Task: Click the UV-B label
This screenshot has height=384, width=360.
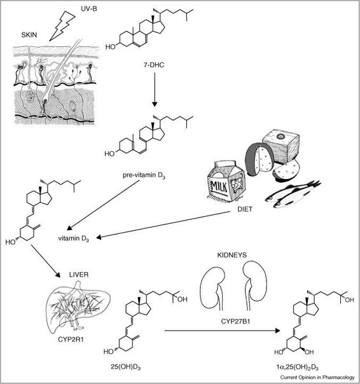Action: pyautogui.click(x=89, y=9)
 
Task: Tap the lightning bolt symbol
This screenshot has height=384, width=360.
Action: pyautogui.click(x=62, y=26)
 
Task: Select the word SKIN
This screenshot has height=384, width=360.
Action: pyautogui.click(x=29, y=35)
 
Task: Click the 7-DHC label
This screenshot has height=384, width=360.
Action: pyautogui.click(x=154, y=65)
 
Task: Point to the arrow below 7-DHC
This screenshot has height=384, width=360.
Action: pyautogui.click(x=155, y=90)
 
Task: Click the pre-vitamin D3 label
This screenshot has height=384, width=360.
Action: pyautogui.click(x=144, y=175)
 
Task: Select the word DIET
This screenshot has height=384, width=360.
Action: pyautogui.click(x=245, y=209)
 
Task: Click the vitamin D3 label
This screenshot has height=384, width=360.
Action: pyautogui.click(x=74, y=238)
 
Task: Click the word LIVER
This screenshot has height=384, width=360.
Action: pyautogui.click(x=79, y=275)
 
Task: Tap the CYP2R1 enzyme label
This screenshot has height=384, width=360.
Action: pyautogui.click(x=71, y=339)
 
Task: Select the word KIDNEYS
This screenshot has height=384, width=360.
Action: pyautogui.click(x=232, y=255)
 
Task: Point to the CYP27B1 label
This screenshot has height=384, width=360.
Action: pyautogui.click(x=235, y=321)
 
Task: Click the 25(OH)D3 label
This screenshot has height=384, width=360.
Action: pyautogui.click(x=126, y=367)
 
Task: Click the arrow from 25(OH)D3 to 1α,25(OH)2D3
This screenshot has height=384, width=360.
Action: pyautogui.click(x=222, y=331)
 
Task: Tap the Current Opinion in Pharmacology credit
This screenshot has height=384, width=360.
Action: pyautogui.click(x=317, y=378)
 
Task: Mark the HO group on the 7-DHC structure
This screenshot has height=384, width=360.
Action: pyautogui.click(x=111, y=47)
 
